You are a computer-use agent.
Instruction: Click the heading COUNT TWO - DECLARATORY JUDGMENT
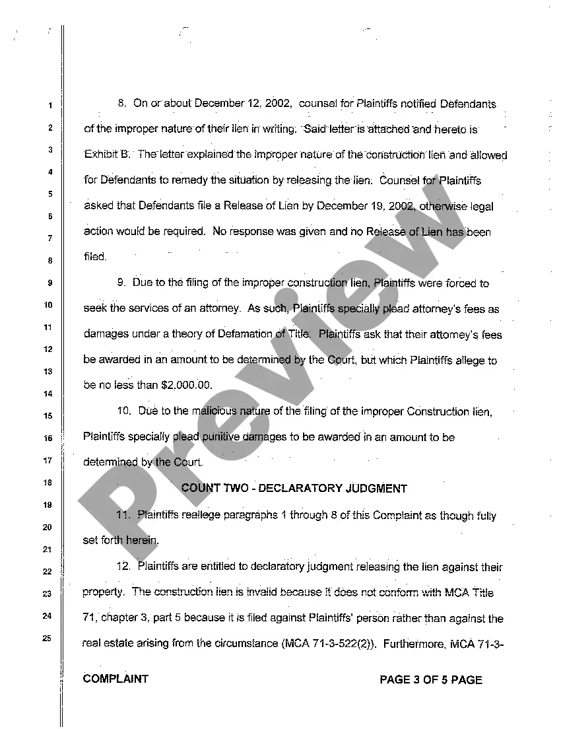294,489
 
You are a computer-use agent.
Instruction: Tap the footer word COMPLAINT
116,679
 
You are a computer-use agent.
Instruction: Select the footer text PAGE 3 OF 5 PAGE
431,679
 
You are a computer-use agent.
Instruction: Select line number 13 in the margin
48,372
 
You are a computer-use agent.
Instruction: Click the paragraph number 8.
122,104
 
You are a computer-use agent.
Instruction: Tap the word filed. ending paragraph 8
95,257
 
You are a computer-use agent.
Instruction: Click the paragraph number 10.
125,411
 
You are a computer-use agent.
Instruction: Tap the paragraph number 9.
121,283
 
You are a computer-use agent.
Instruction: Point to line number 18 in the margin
48,483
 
